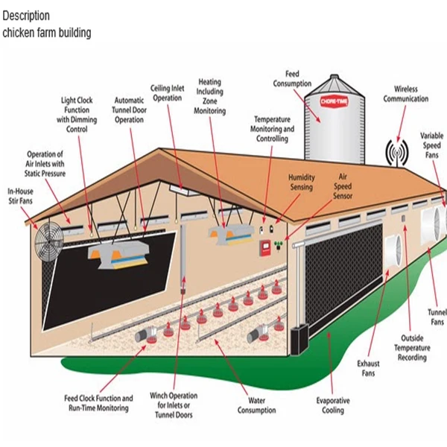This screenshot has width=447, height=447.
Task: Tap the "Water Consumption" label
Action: coord(256,405)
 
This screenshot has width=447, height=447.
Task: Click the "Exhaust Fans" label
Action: coord(369,368)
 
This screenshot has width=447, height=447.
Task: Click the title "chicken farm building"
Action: coord(47,33)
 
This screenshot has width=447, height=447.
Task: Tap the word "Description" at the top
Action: coord(26,16)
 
